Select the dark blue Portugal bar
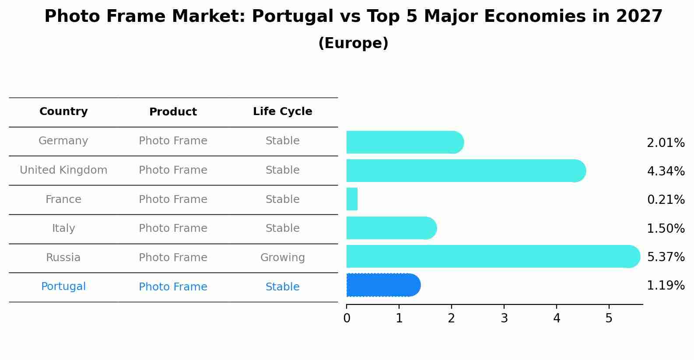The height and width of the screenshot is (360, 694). coord(383,285)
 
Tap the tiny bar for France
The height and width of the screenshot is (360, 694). coord(352,199)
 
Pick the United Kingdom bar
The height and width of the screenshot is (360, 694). coord(466,171)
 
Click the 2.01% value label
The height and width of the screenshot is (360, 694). coord(666,143)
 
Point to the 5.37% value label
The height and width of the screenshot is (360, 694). coord(666,257)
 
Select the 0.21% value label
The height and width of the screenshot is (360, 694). coord(666,200)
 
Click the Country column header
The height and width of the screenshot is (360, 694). coord(63,112)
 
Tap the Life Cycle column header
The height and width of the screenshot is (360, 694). coord(282,112)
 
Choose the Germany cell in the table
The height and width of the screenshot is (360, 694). coord(63,141)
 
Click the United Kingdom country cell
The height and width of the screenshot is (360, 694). coord(63,170)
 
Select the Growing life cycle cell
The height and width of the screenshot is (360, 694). coord(282,258)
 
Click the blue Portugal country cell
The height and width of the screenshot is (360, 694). coord(63,287)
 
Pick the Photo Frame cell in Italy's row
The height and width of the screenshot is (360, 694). coord(173,228)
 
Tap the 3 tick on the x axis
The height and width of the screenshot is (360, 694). coord(504,318)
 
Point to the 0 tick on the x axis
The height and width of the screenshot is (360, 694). coord(347,318)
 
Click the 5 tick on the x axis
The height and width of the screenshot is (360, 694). coord(609,318)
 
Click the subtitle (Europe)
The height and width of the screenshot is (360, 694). coord(353,43)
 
